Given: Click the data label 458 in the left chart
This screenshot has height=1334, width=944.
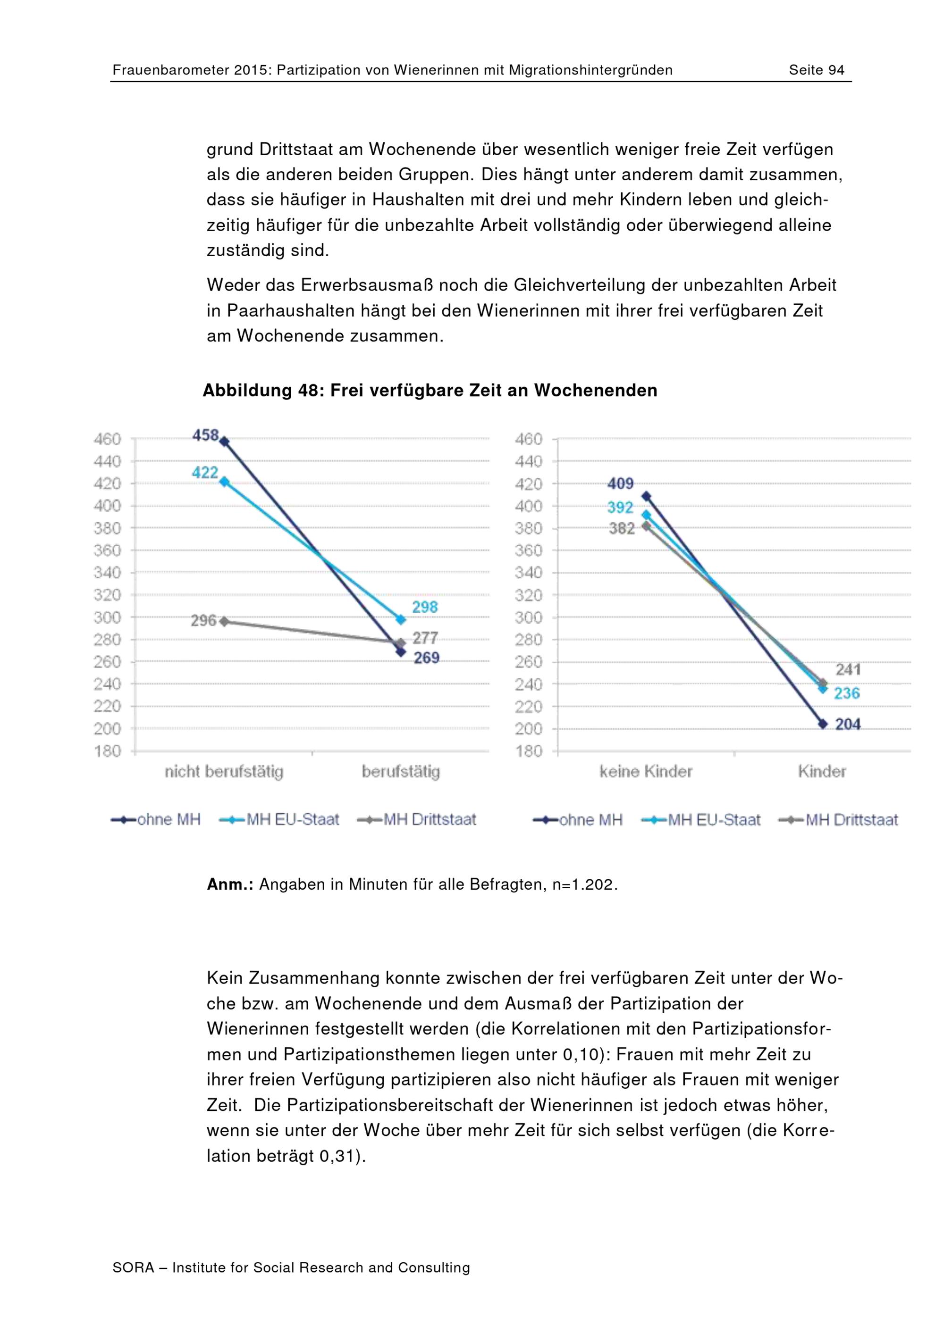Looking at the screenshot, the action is pyautogui.click(x=206, y=435).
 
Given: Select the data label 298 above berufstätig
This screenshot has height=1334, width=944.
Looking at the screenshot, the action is pyautogui.click(x=425, y=607).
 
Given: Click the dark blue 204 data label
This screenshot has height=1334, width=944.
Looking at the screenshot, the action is pyautogui.click(x=848, y=724).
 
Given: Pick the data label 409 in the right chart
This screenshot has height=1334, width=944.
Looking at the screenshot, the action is pyautogui.click(x=621, y=484).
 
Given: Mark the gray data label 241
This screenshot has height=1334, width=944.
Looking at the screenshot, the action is pyautogui.click(x=848, y=669).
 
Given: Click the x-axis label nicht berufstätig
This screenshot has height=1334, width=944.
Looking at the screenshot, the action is pyautogui.click(x=224, y=772).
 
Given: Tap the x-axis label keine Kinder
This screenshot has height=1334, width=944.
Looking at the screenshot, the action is pyautogui.click(x=646, y=772).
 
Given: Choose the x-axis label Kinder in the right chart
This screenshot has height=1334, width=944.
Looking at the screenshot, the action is pyautogui.click(x=822, y=772).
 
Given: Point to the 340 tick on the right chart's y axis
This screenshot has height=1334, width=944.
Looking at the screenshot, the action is pyautogui.click(x=528, y=572).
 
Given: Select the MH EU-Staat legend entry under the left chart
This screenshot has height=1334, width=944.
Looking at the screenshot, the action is pyautogui.click(x=279, y=820).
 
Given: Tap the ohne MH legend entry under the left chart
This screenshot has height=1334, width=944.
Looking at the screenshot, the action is pyautogui.click(x=155, y=820).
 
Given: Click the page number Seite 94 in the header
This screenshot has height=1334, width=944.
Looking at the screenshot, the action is pyautogui.click(x=816, y=70).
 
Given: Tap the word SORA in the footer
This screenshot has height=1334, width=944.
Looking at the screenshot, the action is pyautogui.click(x=133, y=1268).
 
